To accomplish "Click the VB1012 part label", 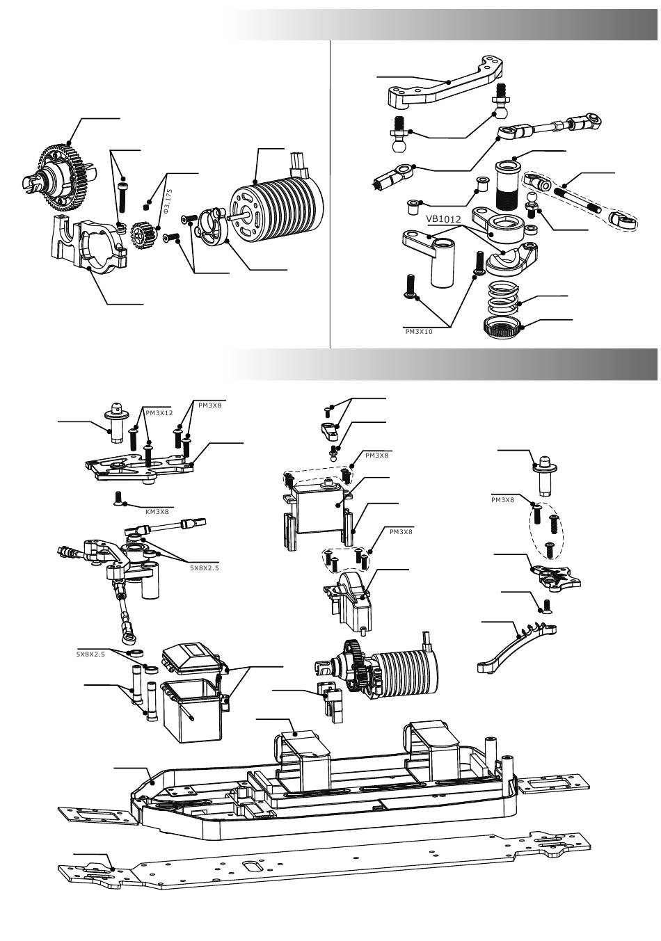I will point(444,219).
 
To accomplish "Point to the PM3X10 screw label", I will point(419,332).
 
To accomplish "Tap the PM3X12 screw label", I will point(159,412).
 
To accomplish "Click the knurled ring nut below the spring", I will point(504,325).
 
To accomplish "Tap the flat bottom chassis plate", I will point(327,866).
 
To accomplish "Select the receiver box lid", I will point(191,659).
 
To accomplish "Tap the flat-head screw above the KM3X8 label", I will point(118,497).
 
